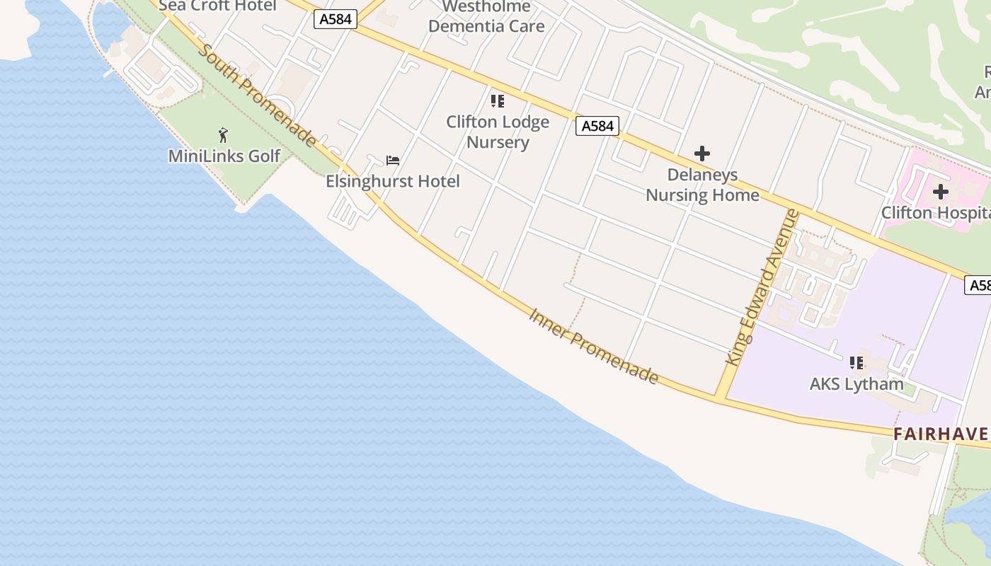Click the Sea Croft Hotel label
[x=217, y=6]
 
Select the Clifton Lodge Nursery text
[x=498, y=132]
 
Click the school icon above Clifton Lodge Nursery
[x=498, y=101]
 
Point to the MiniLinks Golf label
[x=224, y=156]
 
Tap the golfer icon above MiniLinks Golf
[x=224, y=134]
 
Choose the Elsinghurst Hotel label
[x=392, y=181]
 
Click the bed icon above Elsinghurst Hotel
[x=392, y=161]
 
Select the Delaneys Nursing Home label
[x=702, y=185]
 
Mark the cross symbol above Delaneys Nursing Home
[x=701, y=154]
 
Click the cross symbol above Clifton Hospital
[x=940, y=192]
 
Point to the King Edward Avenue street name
[x=763, y=287]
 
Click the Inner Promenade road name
[x=593, y=346]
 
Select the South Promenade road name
[x=258, y=96]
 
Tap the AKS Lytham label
[x=857, y=384]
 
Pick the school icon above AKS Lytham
[x=857, y=363]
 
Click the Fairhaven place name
[x=941, y=434]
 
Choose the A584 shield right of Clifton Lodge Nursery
[x=597, y=126]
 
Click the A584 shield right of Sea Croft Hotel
[x=336, y=19]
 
